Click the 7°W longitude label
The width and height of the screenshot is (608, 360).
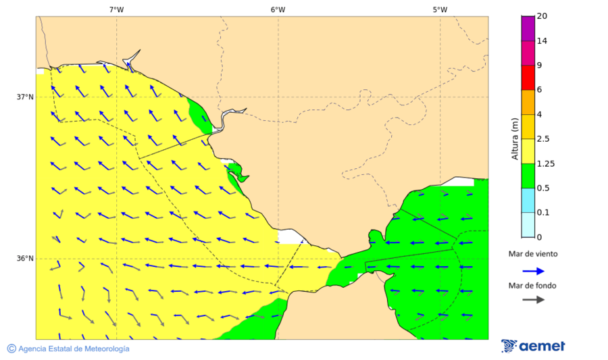[116, 9]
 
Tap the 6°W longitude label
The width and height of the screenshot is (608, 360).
[278, 9]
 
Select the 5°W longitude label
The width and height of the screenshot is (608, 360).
[440, 9]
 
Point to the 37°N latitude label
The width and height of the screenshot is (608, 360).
[25, 97]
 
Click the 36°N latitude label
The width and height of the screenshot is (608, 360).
[25, 258]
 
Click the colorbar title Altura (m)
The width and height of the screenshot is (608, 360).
[515, 139]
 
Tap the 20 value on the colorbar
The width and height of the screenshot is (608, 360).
[541, 16]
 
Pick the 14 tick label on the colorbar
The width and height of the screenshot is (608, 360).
[541, 41]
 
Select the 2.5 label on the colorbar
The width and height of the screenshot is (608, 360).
[542, 139]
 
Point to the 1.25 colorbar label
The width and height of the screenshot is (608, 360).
[544, 163]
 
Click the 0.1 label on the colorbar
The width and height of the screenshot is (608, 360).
[542, 213]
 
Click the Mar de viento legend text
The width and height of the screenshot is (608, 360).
[533, 254]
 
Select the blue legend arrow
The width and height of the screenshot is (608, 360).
[533, 271]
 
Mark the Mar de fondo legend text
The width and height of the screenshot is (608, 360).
[533, 285]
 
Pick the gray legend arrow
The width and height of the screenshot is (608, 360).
[533, 299]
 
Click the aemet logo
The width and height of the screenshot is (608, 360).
[534, 346]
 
